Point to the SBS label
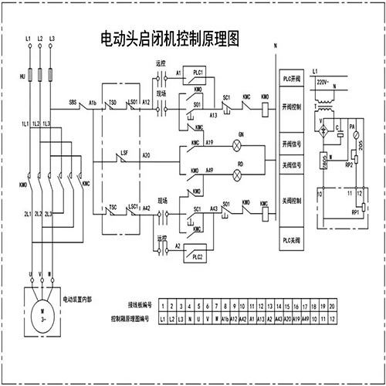[73, 101]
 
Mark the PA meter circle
[353, 126]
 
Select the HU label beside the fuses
[22, 77]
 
